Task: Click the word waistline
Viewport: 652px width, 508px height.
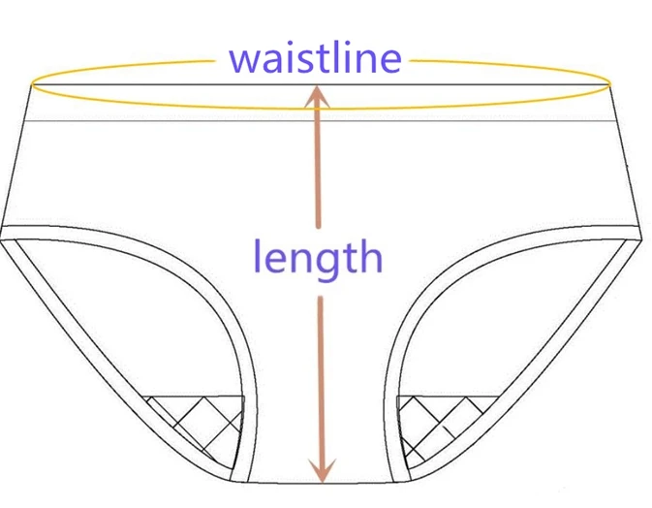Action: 315,57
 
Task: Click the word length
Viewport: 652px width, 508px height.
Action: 317,257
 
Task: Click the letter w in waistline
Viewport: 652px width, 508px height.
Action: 245,59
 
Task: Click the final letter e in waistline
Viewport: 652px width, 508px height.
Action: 388,59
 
